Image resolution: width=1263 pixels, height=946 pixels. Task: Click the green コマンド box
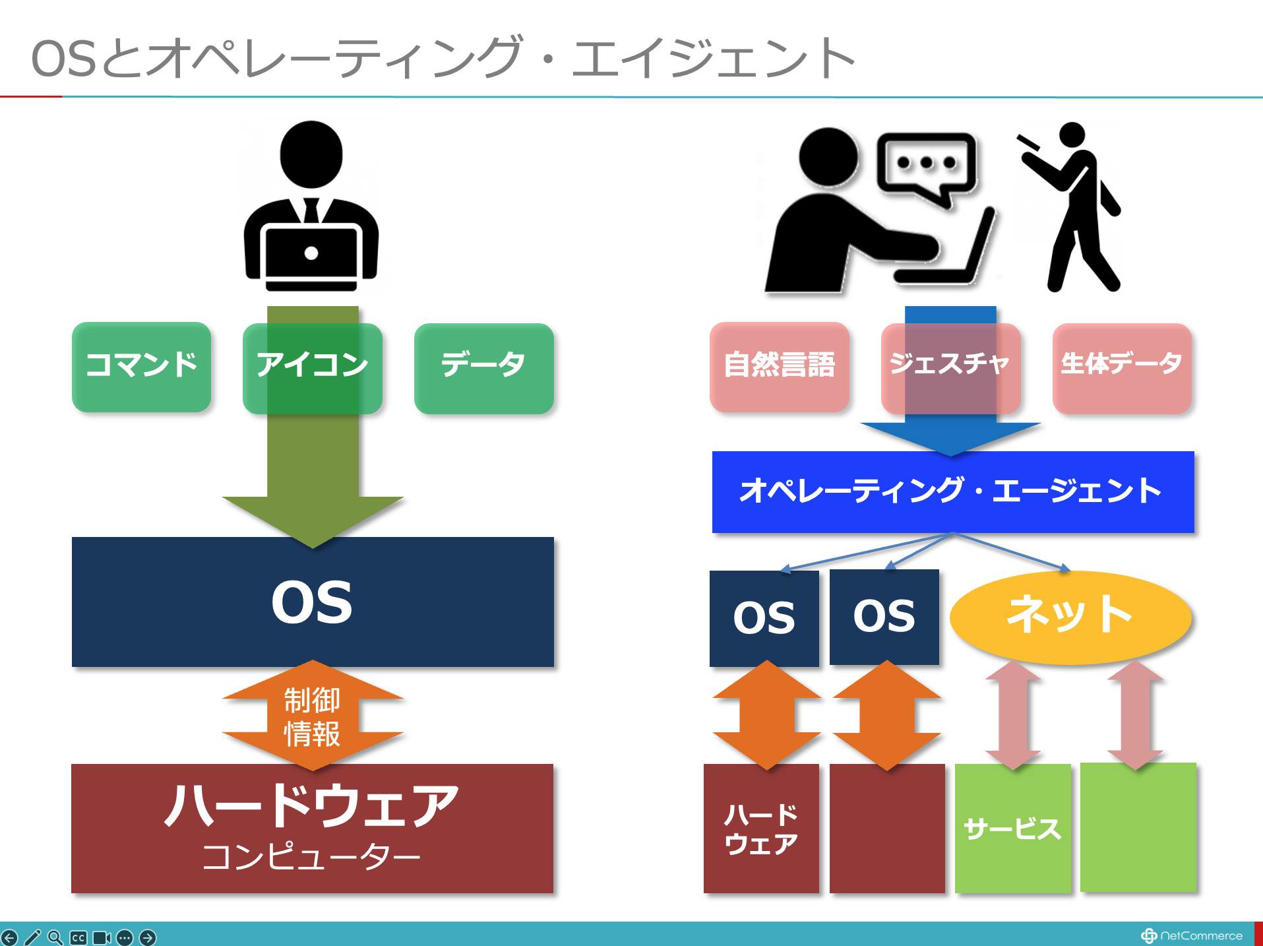click(x=141, y=366)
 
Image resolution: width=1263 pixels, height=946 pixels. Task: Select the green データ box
click(x=483, y=367)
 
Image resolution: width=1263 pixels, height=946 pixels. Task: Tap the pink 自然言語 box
click(x=779, y=366)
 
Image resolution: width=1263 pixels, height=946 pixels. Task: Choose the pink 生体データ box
click(x=1122, y=367)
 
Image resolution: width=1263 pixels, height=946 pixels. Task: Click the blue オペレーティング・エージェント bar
click(x=952, y=491)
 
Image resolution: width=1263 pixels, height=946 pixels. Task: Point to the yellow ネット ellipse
click(x=1070, y=616)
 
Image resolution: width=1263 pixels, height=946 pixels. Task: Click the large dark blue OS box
click(x=312, y=602)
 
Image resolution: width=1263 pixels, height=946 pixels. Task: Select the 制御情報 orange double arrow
click(x=312, y=716)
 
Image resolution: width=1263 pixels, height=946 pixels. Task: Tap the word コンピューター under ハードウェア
click(x=311, y=857)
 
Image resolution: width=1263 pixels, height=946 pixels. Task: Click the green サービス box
click(x=1012, y=829)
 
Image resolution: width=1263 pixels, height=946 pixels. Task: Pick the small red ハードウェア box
click(x=761, y=829)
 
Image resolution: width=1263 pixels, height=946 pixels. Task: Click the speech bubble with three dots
click(x=927, y=165)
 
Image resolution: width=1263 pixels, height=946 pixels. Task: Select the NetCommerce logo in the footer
click(x=1192, y=935)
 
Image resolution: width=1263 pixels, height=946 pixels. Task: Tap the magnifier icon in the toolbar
click(x=55, y=937)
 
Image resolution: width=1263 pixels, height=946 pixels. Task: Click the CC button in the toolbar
click(x=78, y=937)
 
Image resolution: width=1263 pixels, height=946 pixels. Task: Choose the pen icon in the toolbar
click(x=32, y=937)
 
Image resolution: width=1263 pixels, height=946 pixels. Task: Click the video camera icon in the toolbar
click(x=102, y=937)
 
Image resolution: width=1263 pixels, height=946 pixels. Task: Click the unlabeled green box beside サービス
click(x=1138, y=827)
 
